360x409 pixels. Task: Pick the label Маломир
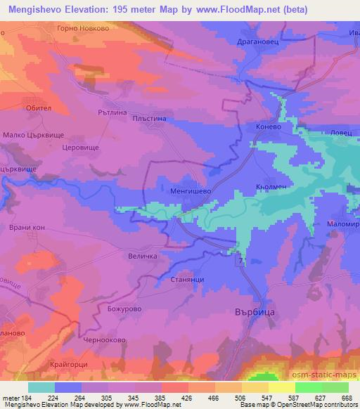(x=342, y=223)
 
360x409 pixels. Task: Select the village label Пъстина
(x=149, y=120)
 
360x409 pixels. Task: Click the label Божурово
(x=117, y=308)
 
